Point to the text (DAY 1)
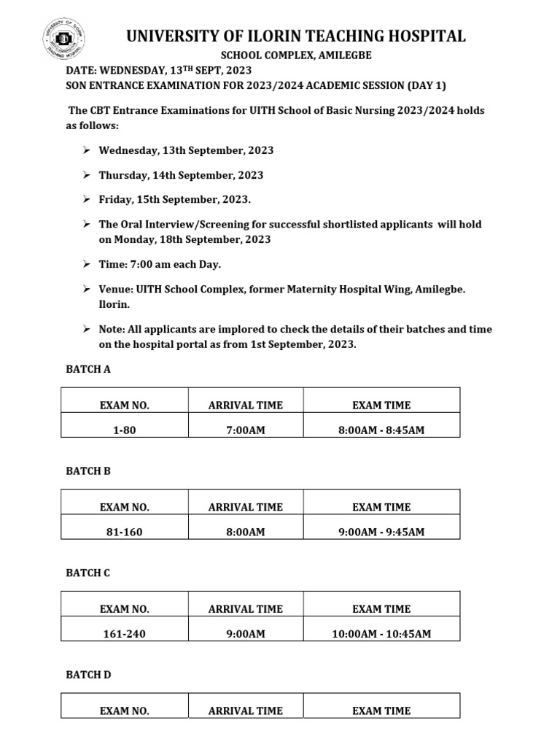426,85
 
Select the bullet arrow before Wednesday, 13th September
86,150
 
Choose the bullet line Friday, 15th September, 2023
176,199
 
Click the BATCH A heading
88,369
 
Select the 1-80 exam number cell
125,430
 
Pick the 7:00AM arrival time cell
246,430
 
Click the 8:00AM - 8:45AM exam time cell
381,430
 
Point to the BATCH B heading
88,471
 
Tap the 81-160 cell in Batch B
125,533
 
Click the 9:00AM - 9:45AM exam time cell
381,533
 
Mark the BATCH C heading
88,573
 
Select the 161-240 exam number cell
125,634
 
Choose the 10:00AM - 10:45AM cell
381,634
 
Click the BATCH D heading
88,675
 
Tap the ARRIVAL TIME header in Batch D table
246,711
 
